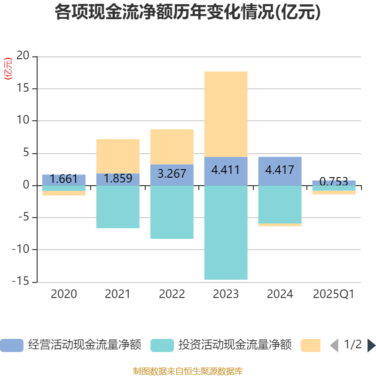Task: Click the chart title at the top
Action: click(x=188, y=12)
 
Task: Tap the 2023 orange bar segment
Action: click(x=226, y=114)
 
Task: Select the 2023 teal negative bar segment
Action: click(x=226, y=233)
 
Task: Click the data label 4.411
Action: click(x=226, y=170)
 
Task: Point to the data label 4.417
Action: click(x=280, y=170)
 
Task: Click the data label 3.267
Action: click(x=172, y=173)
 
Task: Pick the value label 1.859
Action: click(x=117, y=179)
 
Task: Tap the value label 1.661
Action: click(x=64, y=179)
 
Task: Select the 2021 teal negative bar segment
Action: click(x=117, y=207)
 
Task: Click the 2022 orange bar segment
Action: click(x=172, y=146)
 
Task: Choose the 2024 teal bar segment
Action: click(x=280, y=204)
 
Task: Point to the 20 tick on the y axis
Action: click(x=23, y=56)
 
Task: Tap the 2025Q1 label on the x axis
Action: click(x=334, y=294)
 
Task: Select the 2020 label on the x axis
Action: click(x=64, y=294)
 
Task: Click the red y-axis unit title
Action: click(x=8, y=69)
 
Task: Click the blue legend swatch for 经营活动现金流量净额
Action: click(x=11, y=345)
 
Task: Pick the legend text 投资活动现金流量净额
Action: click(x=235, y=345)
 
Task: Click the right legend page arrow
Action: click(x=371, y=345)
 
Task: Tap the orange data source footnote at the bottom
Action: click(x=188, y=371)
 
